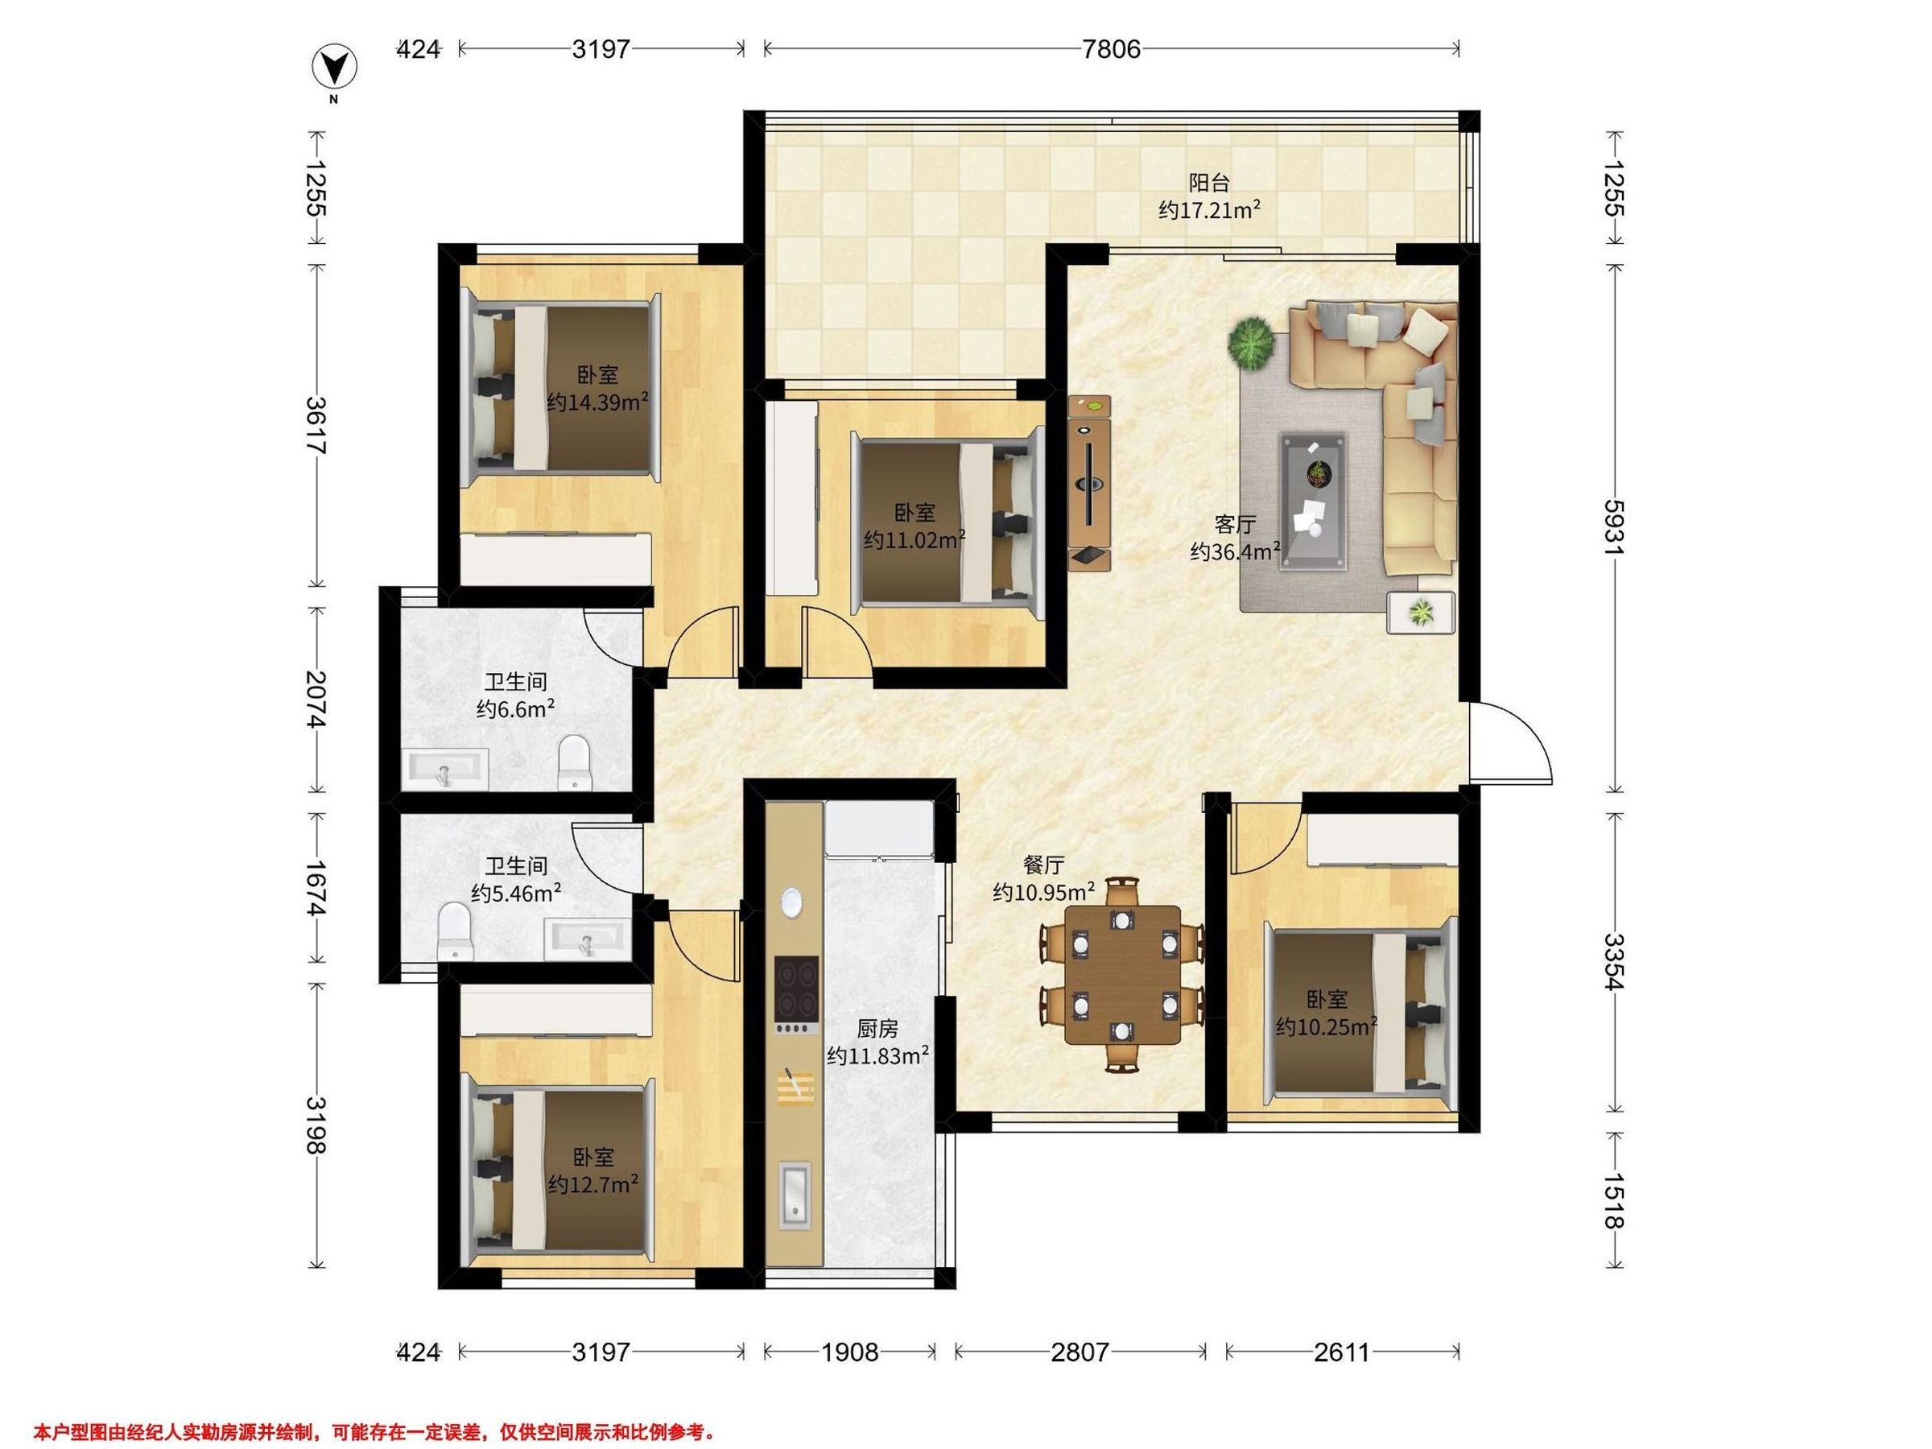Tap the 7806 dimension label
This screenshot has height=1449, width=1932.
pyautogui.click(x=1111, y=49)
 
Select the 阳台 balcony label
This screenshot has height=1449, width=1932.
pyautogui.click(x=1210, y=184)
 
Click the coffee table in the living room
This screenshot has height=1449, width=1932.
pyautogui.click(x=1313, y=502)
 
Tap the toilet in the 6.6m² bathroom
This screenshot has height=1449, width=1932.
pyautogui.click(x=574, y=762)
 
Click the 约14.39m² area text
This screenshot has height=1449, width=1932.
pyautogui.click(x=597, y=402)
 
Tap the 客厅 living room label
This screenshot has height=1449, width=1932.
pyautogui.click(x=1235, y=524)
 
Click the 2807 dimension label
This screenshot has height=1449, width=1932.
pyautogui.click(x=1080, y=1352)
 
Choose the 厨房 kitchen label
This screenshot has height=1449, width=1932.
pyautogui.click(x=877, y=1028)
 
